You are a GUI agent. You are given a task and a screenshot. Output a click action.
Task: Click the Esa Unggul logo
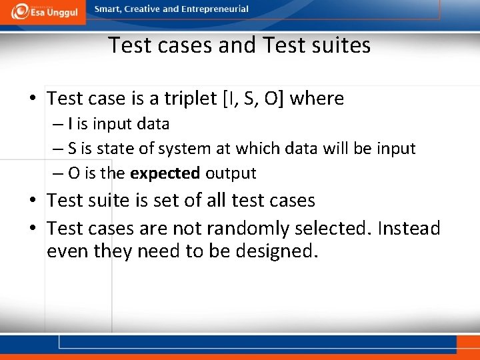pyautogui.click(x=43, y=11)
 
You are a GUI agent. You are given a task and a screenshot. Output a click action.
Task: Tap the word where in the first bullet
pyautogui.click(x=317, y=99)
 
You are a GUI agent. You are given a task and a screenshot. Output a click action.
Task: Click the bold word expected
pyautogui.click(x=165, y=173)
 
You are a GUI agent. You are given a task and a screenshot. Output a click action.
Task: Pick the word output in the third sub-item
pyautogui.click(x=231, y=173)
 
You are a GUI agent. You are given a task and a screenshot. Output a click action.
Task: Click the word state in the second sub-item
pyautogui.click(x=111, y=149)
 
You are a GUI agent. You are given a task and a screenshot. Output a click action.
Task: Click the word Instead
pyautogui.click(x=409, y=229)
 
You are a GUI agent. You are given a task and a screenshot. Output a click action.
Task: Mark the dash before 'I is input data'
pyautogui.click(x=57, y=124)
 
